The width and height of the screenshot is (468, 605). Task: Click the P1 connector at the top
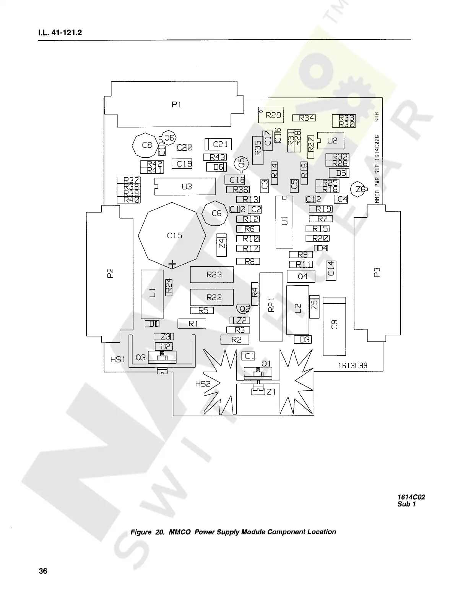(x=176, y=105)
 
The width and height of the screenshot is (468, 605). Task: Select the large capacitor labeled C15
(x=174, y=236)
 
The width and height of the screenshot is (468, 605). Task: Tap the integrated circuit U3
(x=186, y=187)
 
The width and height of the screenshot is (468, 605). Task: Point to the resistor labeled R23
(x=212, y=275)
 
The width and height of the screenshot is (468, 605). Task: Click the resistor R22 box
(x=212, y=297)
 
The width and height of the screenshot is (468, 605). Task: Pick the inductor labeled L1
(x=152, y=294)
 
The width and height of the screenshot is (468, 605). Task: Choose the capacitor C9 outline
(x=334, y=326)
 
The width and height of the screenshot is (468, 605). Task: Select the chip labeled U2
(x=331, y=141)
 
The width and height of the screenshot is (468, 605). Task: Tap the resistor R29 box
(x=271, y=115)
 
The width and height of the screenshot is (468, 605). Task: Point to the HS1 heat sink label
(x=117, y=359)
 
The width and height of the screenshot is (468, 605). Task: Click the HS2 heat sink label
(x=203, y=384)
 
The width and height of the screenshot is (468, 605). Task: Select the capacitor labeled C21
(x=219, y=144)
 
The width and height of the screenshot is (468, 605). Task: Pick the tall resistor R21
(x=271, y=306)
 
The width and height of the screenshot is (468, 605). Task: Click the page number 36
(x=43, y=571)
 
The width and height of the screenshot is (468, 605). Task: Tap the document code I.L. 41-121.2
(x=60, y=33)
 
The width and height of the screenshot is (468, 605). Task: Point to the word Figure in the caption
(x=141, y=532)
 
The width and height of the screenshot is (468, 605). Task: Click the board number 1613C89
(x=353, y=366)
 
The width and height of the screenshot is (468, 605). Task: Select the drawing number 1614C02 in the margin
(x=411, y=497)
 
